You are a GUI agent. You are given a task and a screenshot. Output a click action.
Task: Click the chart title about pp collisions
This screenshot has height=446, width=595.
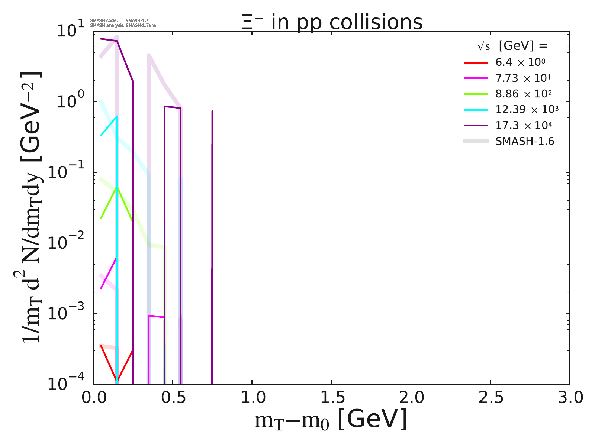331,22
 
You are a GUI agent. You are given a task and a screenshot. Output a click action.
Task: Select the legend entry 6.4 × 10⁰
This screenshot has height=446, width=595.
520,62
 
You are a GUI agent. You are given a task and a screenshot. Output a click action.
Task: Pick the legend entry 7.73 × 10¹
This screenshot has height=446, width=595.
522,78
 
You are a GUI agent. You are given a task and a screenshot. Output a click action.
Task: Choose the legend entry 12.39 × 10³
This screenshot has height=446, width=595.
527,109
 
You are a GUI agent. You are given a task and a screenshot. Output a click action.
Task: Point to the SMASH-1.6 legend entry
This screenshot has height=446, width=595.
524,141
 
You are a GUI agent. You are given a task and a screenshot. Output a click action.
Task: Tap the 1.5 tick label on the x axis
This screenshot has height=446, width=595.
331,398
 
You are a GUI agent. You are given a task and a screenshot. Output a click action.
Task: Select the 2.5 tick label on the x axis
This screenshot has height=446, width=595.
490,398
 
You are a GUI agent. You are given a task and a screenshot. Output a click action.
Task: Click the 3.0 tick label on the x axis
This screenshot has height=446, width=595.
569,398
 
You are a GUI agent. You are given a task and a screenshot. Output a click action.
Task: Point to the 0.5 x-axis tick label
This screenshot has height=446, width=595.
173,398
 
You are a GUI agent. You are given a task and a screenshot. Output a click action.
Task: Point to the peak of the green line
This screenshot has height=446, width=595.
117,187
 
